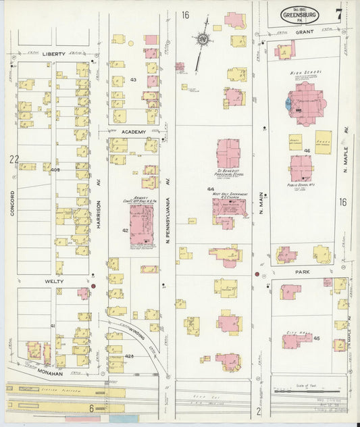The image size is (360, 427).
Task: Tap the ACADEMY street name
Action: [134, 132]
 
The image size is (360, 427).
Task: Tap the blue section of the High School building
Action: [290, 105]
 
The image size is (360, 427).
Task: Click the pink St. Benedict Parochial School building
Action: [228, 153]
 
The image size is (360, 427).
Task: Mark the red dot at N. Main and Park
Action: [257, 274]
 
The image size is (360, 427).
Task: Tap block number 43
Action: [133, 80]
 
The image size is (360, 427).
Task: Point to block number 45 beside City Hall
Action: [316, 338]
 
